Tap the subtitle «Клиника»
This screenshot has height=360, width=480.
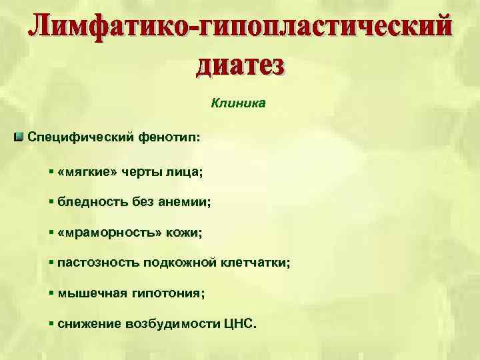pos(239,103)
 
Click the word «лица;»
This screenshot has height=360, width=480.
pos(186,172)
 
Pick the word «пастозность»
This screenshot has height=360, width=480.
pos(98,263)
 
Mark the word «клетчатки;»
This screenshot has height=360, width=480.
pos(256,263)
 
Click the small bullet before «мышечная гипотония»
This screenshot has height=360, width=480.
pos(51,293)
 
